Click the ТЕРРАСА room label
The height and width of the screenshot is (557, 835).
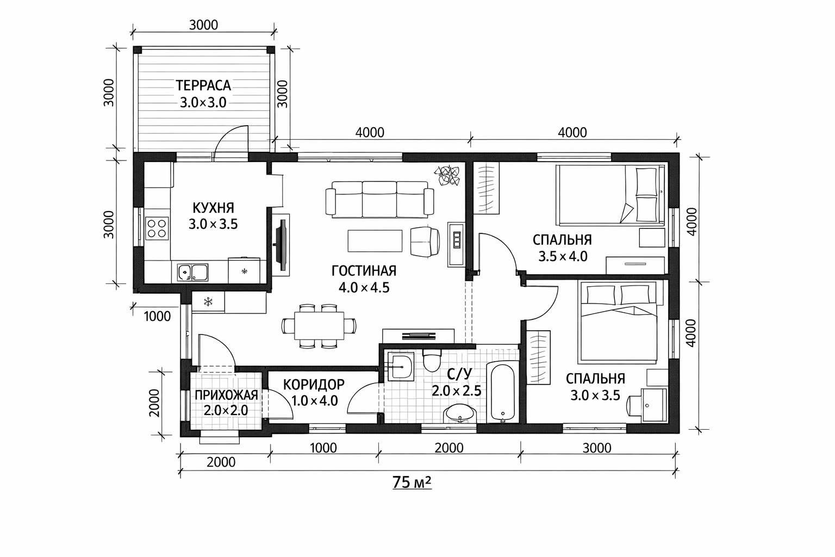[203, 85]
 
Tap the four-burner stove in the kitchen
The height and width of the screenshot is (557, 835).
[157, 228]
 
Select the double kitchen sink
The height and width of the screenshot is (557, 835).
[192, 273]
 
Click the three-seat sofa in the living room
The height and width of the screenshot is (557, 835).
[379, 200]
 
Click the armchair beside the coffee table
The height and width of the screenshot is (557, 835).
[425, 242]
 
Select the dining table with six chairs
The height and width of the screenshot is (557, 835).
[319, 326]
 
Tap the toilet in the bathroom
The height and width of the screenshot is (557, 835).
[432, 360]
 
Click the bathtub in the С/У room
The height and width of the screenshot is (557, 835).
[503, 392]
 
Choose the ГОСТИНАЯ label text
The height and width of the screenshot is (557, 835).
[364, 271]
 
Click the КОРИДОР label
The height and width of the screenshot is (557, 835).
[314, 384]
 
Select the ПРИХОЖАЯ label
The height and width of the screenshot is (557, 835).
[226, 395]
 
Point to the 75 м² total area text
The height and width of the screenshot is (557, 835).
[412, 482]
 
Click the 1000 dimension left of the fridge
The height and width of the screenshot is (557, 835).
[157, 317]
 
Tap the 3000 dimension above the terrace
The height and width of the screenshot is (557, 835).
[203, 25]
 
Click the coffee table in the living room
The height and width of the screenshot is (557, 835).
[375, 241]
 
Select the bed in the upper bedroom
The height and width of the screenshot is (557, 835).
[610, 195]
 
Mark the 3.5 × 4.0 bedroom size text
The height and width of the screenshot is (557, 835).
[563, 256]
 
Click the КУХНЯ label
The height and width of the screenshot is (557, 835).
[213, 207]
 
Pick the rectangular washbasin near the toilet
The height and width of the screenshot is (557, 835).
[400, 367]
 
